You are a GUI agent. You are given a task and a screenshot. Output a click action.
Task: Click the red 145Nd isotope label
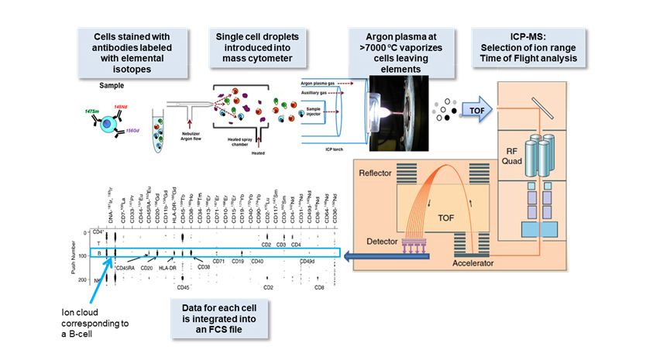120,106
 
